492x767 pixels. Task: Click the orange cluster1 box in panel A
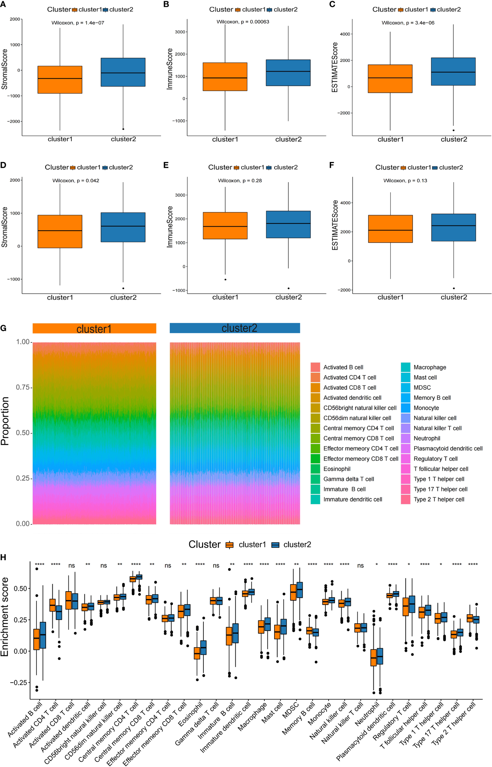60,79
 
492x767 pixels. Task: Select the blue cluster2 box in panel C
453,71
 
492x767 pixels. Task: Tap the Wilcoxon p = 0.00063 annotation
243,22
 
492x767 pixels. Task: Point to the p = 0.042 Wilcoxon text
76,180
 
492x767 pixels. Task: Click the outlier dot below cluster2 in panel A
123,129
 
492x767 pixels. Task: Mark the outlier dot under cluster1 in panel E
225,279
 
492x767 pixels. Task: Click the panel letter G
3,328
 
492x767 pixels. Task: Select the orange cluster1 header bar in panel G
94,328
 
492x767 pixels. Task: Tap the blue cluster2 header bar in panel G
235,328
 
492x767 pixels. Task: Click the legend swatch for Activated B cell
315,367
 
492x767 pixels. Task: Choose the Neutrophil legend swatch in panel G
406,438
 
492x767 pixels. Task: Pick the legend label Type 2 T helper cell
439,499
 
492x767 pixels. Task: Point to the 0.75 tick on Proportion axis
23,387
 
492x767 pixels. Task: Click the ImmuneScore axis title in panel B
170,69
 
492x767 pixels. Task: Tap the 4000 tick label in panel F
345,203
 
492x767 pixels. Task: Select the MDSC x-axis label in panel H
291,710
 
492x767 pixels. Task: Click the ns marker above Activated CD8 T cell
71,566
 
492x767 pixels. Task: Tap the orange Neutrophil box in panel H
373,658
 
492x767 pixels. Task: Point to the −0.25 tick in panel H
18,683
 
